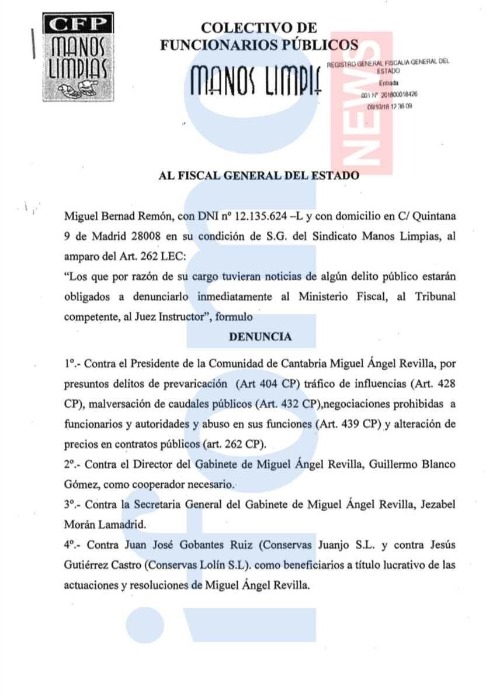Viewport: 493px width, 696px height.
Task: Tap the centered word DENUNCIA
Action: (x=260, y=337)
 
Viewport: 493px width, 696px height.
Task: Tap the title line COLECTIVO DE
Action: (x=259, y=27)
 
